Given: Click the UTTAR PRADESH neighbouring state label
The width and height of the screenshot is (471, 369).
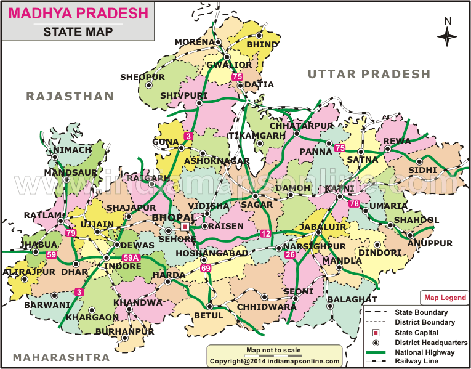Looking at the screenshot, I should tap(369, 75).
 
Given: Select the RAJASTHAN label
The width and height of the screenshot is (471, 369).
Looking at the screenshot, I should tap(70, 96).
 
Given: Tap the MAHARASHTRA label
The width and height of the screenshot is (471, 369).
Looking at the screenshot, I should tap(62, 357).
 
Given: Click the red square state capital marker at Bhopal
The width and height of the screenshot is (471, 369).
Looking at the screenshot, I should tap(185, 227).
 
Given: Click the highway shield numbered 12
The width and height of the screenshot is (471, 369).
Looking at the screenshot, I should tap(265, 233).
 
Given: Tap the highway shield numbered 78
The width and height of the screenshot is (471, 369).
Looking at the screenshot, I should tap(353, 204).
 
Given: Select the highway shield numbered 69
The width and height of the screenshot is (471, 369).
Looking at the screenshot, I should tap(206, 268).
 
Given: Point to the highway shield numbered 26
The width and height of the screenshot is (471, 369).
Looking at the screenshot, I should tap(290, 254).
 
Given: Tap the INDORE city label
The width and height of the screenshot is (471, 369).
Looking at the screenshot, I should tap(123, 267).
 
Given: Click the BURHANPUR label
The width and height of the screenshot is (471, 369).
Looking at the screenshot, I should tap(134, 331).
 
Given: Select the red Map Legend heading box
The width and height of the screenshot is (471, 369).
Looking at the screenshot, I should tap(445, 298).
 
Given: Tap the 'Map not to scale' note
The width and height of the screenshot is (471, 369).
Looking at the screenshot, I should tap(273, 351).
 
